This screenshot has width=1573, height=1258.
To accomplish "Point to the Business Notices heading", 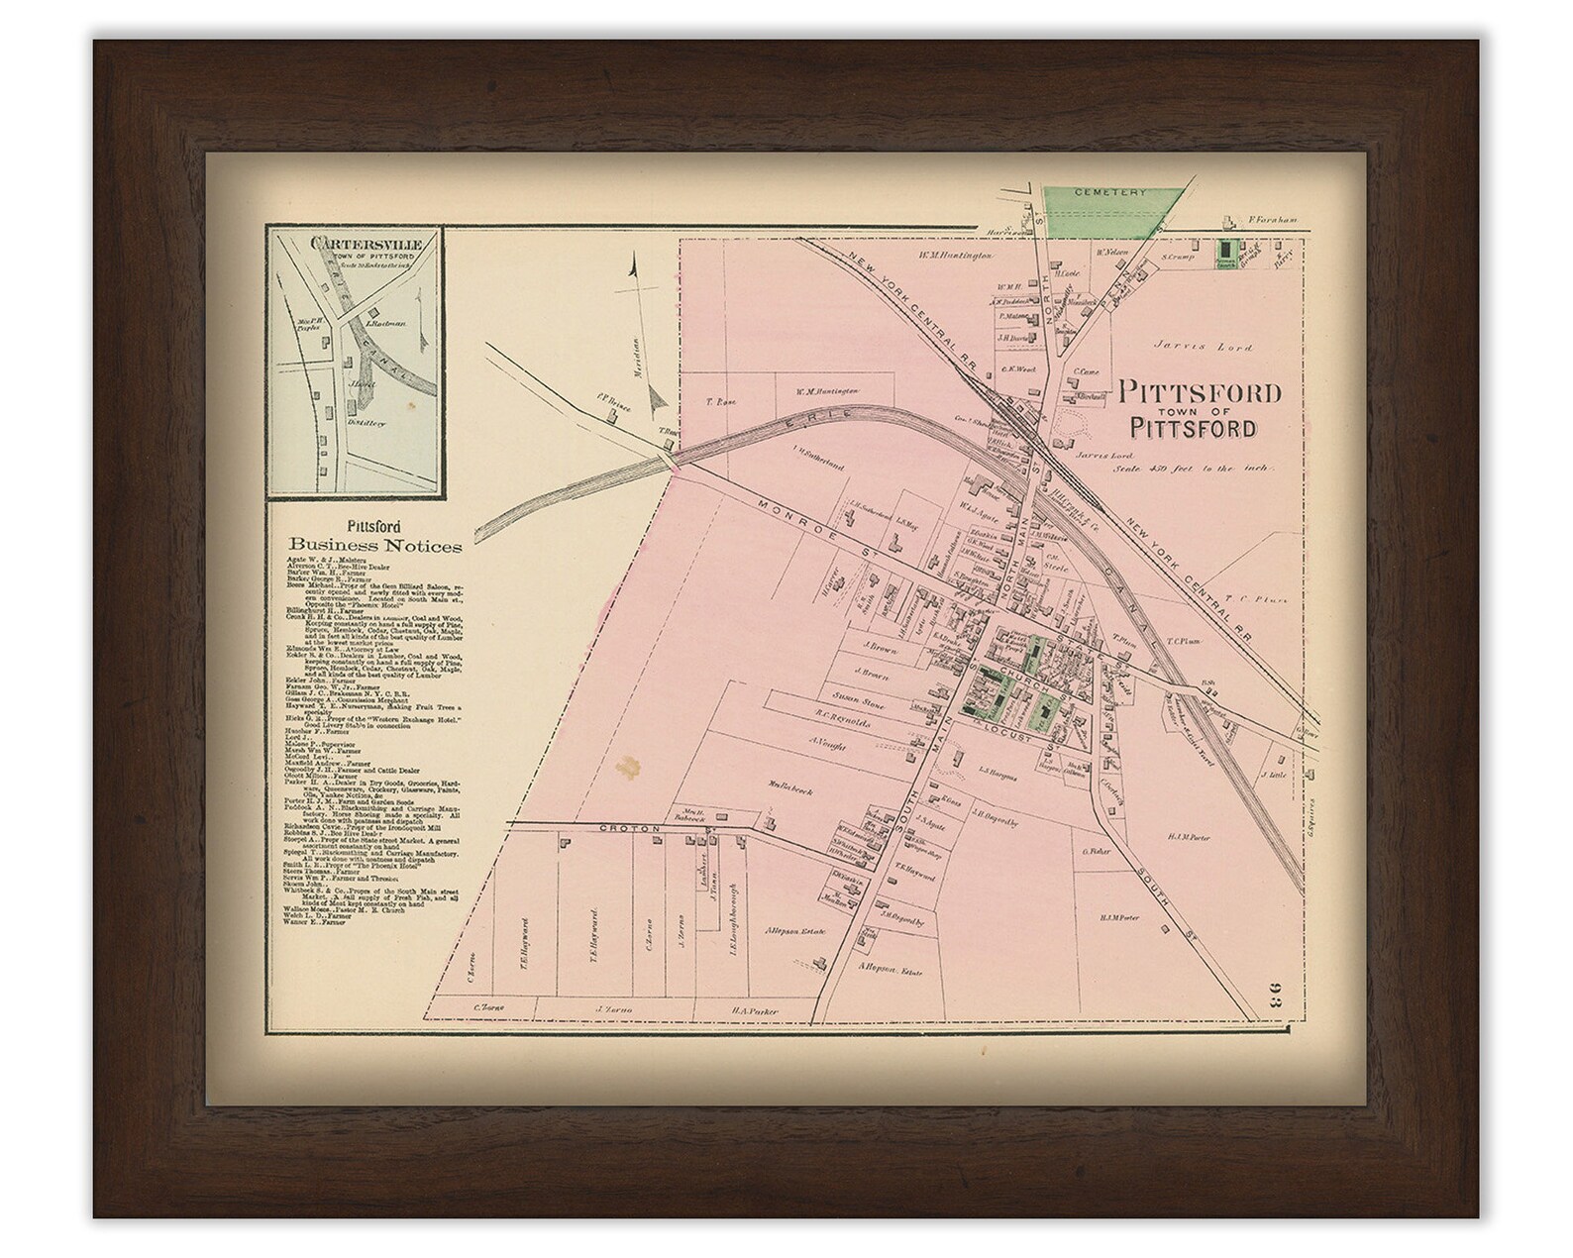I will pos(375,544).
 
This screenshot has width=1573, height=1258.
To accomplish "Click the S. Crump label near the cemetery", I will pos(1177,258).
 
